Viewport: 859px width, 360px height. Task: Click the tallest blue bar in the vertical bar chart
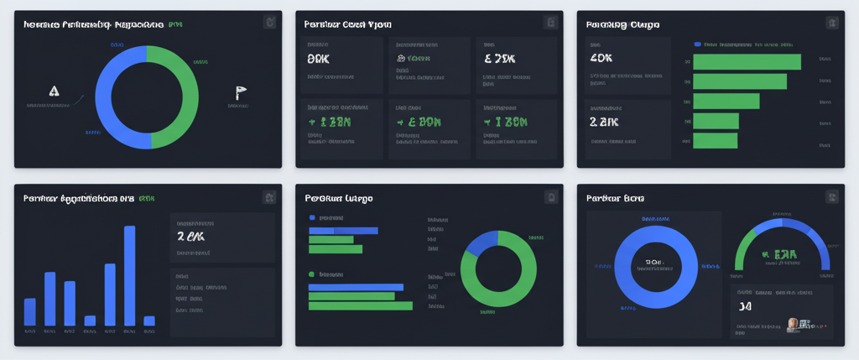(129, 275)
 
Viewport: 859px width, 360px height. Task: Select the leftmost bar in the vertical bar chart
(30, 311)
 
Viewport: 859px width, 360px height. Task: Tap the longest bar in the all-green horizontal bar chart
(747, 61)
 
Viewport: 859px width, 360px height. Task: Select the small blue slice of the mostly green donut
(482, 243)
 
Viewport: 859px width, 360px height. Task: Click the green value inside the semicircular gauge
(778, 254)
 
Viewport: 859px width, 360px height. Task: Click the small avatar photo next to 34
(793, 324)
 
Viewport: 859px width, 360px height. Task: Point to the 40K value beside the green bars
(601, 59)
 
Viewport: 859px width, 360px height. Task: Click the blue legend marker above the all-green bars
(698, 44)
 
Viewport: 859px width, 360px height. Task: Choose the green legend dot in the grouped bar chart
(311, 274)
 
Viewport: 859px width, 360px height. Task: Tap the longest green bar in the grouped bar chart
(361, 306)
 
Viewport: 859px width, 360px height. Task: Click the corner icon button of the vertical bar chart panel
(269, 197)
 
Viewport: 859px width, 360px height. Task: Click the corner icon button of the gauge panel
(831, 197)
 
